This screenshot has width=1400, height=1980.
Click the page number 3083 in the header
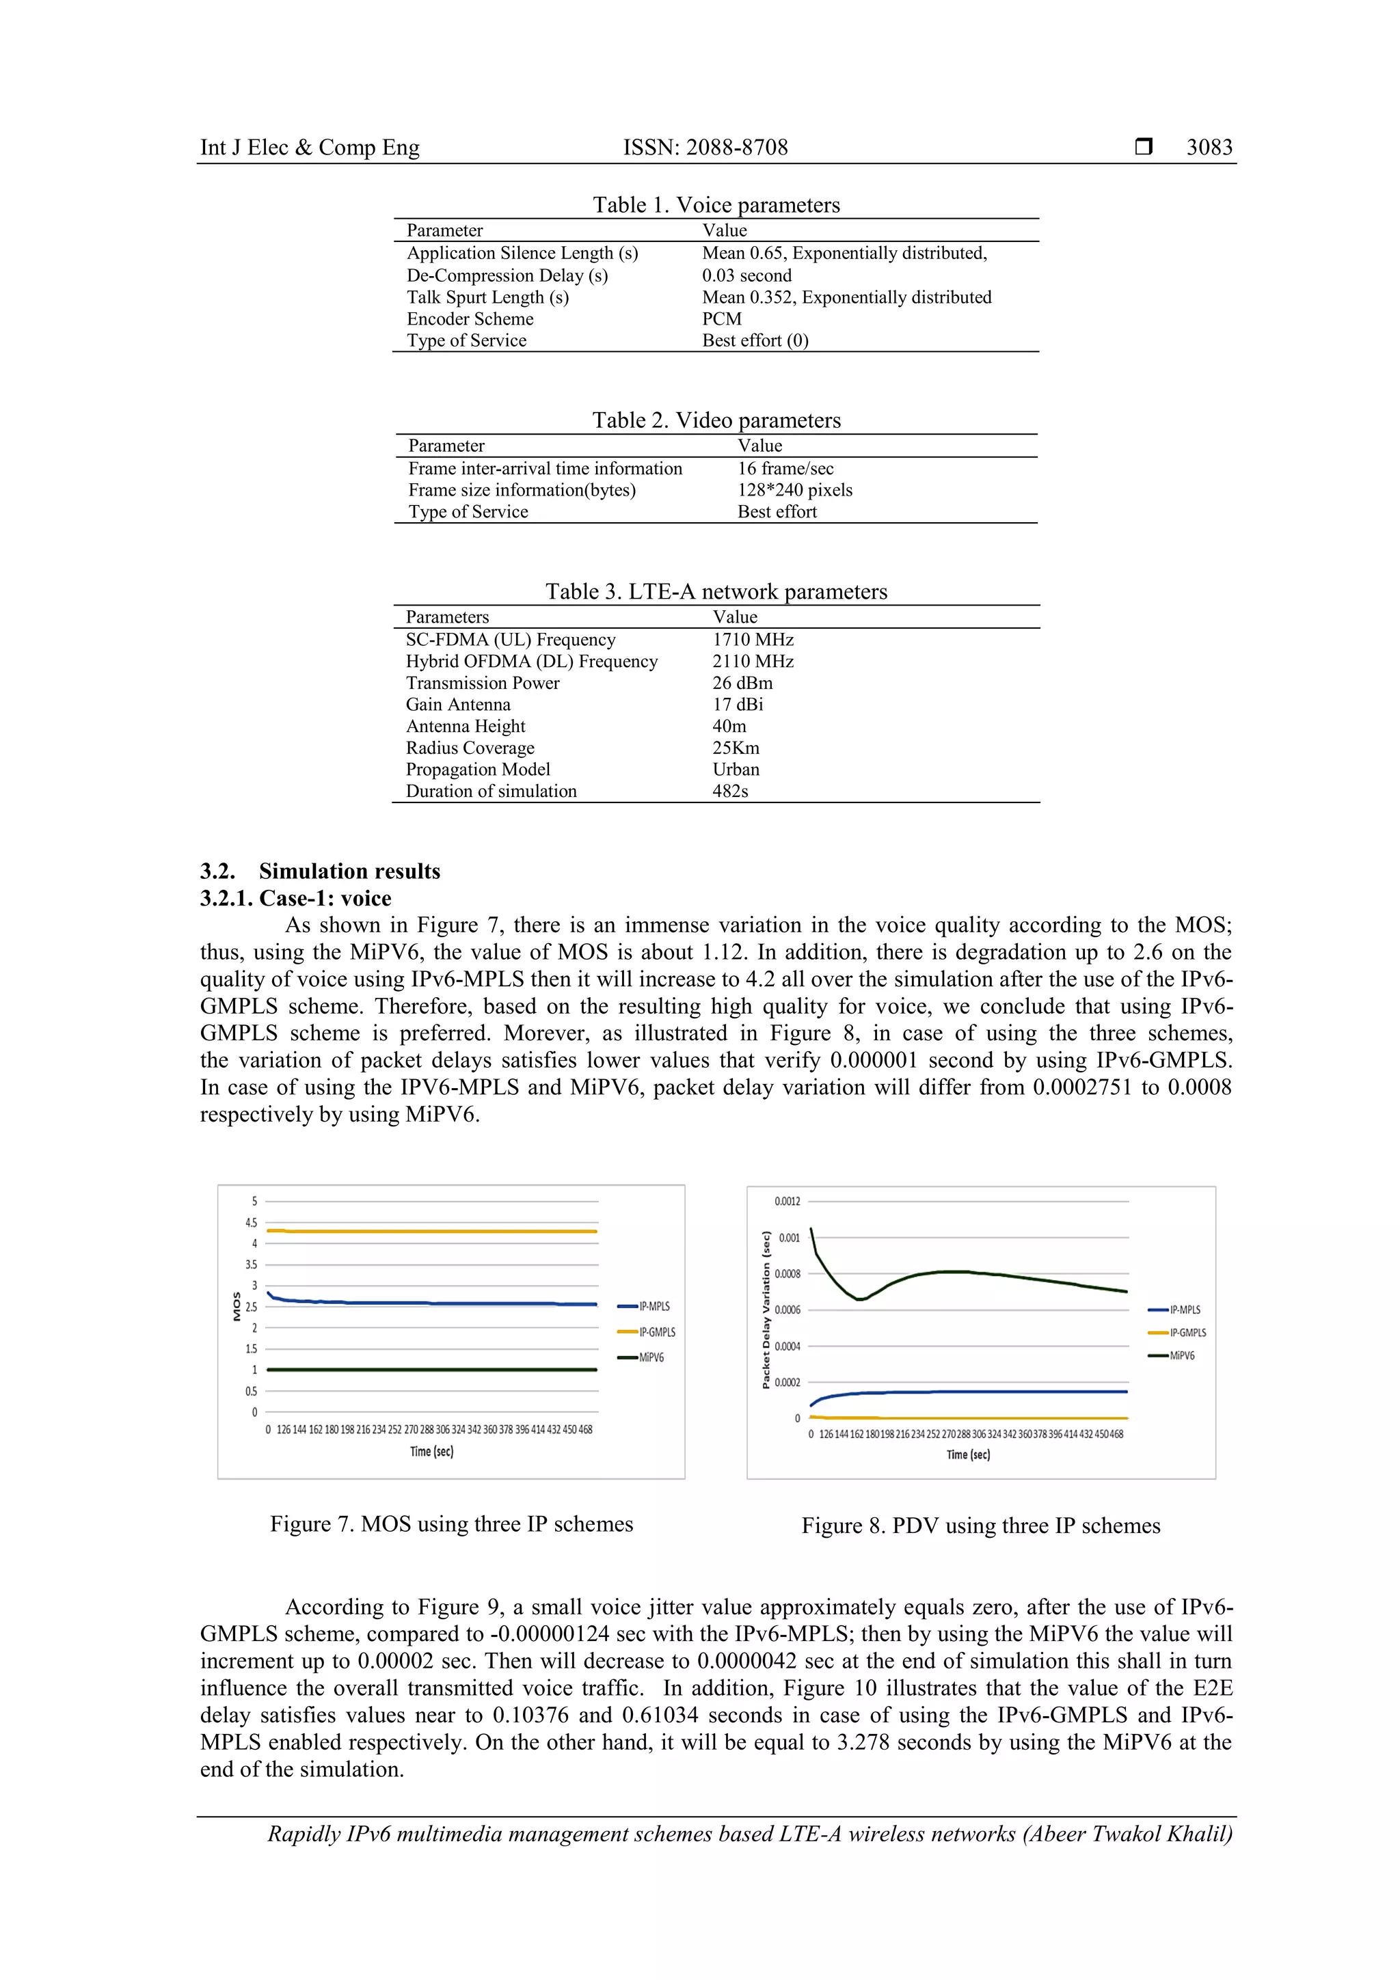[1209, 148]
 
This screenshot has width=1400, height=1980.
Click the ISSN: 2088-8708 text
[705, 148]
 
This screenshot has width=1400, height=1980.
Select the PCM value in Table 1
[721, 319]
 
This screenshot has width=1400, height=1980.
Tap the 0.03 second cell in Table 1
[746, 276]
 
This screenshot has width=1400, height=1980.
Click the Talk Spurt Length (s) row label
[487, 297]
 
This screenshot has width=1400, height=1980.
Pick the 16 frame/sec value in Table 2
[785, 468]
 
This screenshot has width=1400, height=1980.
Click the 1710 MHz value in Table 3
[752, 640]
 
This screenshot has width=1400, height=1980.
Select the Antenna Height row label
[465, 726]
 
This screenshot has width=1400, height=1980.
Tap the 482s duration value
[730, 791]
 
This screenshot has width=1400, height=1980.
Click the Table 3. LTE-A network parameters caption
[716, 592]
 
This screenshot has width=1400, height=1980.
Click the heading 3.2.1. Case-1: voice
[296, 899]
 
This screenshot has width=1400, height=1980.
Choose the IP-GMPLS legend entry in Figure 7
[656, 1332]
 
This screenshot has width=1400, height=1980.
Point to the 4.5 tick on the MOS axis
[251, 1223]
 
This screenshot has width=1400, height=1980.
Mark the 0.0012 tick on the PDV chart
[787, 1202]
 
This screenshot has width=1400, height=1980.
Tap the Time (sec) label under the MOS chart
[431, 1452]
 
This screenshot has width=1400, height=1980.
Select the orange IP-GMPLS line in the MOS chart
[431, 1232]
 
